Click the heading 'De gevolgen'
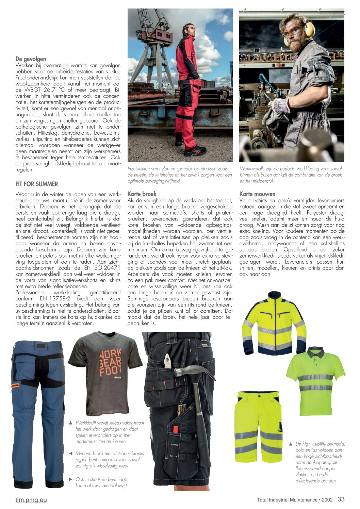coord(31,59)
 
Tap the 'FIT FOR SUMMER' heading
coord(37,184)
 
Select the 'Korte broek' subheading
coord(142,194)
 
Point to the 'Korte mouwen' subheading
coord(257,194)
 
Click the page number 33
coord(341,499)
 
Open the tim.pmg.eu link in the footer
coord(31,500)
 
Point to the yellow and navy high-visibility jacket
coord(274,323)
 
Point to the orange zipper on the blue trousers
coord(15,386)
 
